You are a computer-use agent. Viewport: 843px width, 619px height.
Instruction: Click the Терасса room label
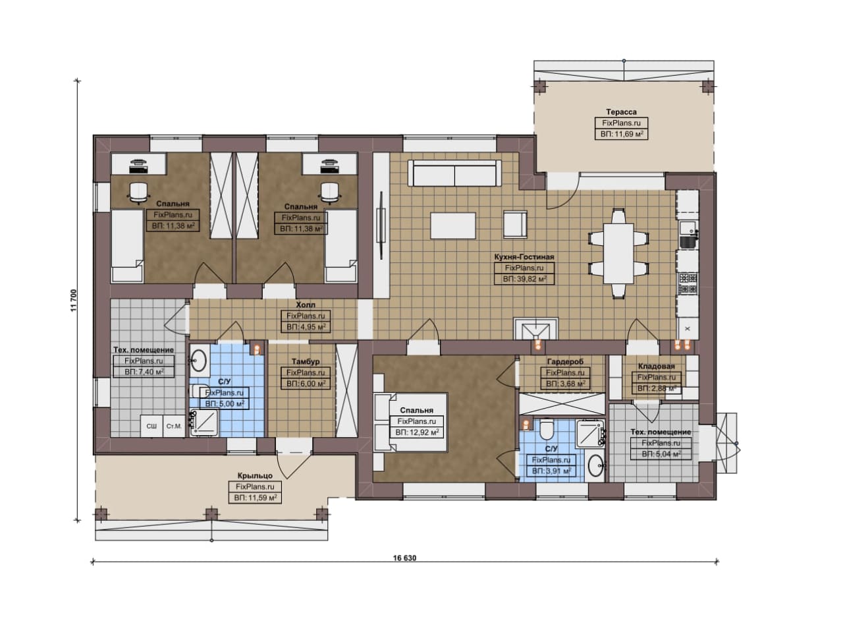pyautogui.click(x=621, y=112)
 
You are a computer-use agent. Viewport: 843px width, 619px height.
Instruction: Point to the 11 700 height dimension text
pyautogui.click(x=73, y=300)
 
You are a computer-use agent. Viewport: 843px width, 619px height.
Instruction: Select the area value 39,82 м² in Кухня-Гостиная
pyautogui.click(x=524, y=279)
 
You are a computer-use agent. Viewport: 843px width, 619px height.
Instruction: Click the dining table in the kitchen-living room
pyautogui.click(x=618, y=254)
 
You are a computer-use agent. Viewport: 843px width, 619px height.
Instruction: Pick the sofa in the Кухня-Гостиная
pyautogui.click(x=454, y=173)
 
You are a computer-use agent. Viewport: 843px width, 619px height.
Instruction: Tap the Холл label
pyautogui.click(x=306, y=305)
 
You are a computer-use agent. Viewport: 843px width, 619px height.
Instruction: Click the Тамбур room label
pyautogui.click(x=306, y=362)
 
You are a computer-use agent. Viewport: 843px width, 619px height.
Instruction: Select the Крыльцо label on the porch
pyautogui.click(x=255, y=476)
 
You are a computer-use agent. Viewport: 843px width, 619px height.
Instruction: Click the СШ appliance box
pyautogui.click(x=151, y=426)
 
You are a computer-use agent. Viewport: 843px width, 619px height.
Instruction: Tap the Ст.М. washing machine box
pyautogui.click(x=174, y=426)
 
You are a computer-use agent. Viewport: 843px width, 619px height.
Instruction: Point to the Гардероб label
pyautogui.click(x=565, y=362)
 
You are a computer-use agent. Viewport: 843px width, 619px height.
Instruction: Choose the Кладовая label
pyautogui.click(x=657, y=367)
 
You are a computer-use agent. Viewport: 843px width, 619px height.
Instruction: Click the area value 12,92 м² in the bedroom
pyautogui.click(x=417, y=432)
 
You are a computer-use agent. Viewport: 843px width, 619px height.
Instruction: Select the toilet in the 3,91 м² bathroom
pyautogui.click(x=546, y=430)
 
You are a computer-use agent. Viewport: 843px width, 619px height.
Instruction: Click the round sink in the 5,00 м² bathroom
pyautogui.click(x=199, y=360)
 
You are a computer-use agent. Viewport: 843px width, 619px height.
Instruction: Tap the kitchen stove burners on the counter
pyautogui.click(x=688, y=283)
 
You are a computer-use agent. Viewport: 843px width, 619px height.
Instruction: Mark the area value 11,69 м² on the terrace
pyautogui.click(x=621, y=134)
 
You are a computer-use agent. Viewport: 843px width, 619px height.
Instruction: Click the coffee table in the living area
pyautogui.click(x=453, y=225)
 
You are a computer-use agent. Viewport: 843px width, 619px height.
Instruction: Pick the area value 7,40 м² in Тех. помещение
pyautogui.click(x=144, y=372)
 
